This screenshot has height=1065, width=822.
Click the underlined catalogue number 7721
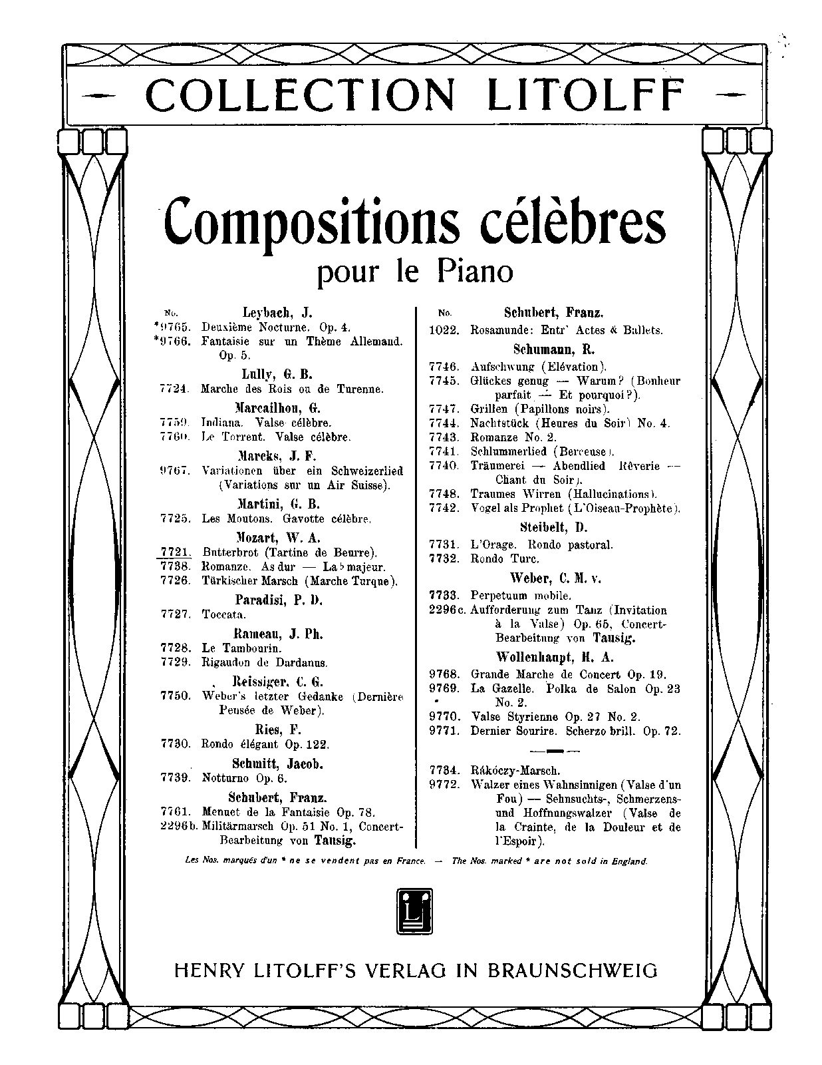click(x=176, y=551)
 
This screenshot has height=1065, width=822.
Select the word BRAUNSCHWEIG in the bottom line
click(x=573, y=970)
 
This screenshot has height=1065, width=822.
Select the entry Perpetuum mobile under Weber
click(x=521, y=596)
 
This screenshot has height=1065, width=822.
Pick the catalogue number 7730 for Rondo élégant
click(x=176, y=744)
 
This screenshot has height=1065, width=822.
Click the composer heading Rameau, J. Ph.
click(x=278, y=634)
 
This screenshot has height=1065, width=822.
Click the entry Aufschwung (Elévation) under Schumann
click(x=539, y=366)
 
